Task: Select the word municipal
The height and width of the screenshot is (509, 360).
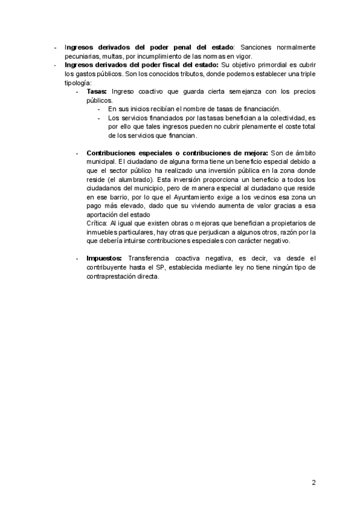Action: pos(101,162)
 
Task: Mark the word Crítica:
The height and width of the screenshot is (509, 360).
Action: pos(97,223)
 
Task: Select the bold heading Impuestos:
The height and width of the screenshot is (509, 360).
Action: pos(105,258)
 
